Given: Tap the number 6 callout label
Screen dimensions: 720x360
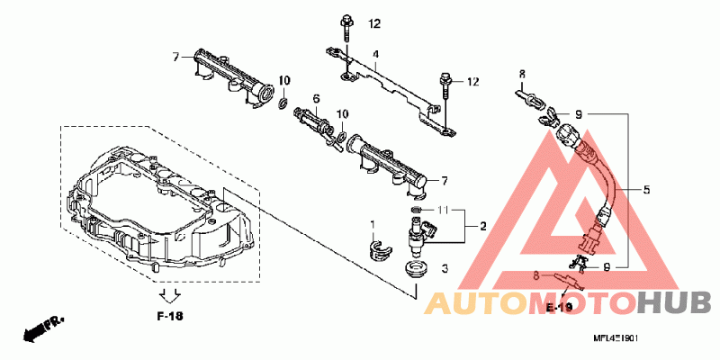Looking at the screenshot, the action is [317, 98].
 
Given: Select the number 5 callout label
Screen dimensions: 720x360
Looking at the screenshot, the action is [647, 190].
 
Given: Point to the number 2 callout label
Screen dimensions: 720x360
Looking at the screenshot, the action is [482, 226].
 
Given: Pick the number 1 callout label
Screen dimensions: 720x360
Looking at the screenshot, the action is [371, 222].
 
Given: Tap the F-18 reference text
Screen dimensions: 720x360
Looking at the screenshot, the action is [169, 317].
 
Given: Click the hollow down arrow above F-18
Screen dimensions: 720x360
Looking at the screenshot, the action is [168, 295].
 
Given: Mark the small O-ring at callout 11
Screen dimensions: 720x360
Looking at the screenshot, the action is [415, 211].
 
